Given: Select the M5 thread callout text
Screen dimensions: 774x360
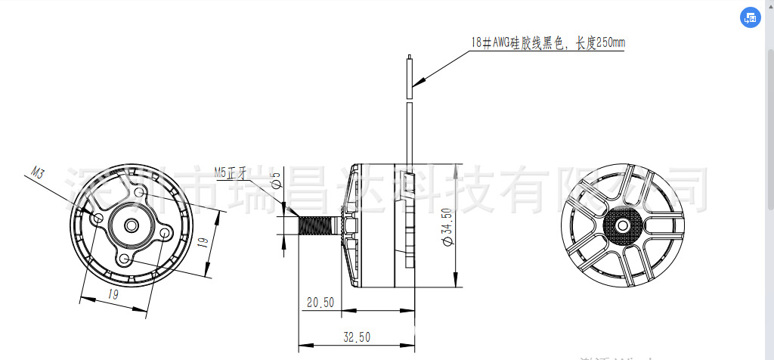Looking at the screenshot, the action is click(231, 172).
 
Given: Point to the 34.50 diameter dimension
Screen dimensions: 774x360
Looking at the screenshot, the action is click(446, 225).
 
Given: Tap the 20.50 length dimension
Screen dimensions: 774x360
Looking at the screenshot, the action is click(320, 302).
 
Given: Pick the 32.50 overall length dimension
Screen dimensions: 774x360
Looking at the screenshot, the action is click(357, 337).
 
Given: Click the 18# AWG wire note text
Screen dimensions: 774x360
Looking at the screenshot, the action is click(547, 43).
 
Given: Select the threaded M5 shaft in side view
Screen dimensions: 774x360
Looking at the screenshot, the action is click(321, 225).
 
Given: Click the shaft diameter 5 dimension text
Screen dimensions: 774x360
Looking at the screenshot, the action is click(276, 179).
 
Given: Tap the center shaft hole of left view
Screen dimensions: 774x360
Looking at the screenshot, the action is click(132, 225).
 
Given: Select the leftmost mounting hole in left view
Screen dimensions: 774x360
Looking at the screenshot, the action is click(98, 218).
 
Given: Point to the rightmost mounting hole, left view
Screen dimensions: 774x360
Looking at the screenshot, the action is click(166, 234).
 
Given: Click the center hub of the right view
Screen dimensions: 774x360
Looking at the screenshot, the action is click(623, 225).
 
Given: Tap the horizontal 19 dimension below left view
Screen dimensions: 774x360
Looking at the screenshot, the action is click(113, 295).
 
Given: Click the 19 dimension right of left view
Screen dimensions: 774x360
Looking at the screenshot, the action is click(203, 243).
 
